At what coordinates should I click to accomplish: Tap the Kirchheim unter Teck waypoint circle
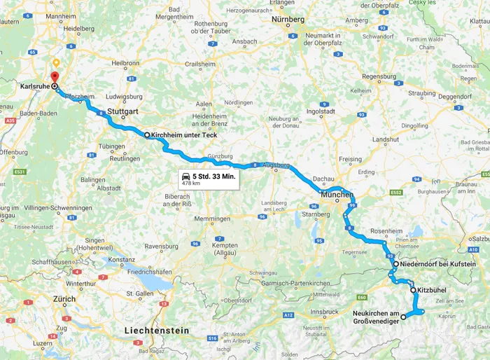147,134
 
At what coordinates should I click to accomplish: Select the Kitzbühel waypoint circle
413,289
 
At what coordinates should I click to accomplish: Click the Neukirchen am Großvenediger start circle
403,317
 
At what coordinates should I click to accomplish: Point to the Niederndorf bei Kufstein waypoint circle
395,264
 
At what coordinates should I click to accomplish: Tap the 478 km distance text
192,184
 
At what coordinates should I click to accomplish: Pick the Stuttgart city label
138,111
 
